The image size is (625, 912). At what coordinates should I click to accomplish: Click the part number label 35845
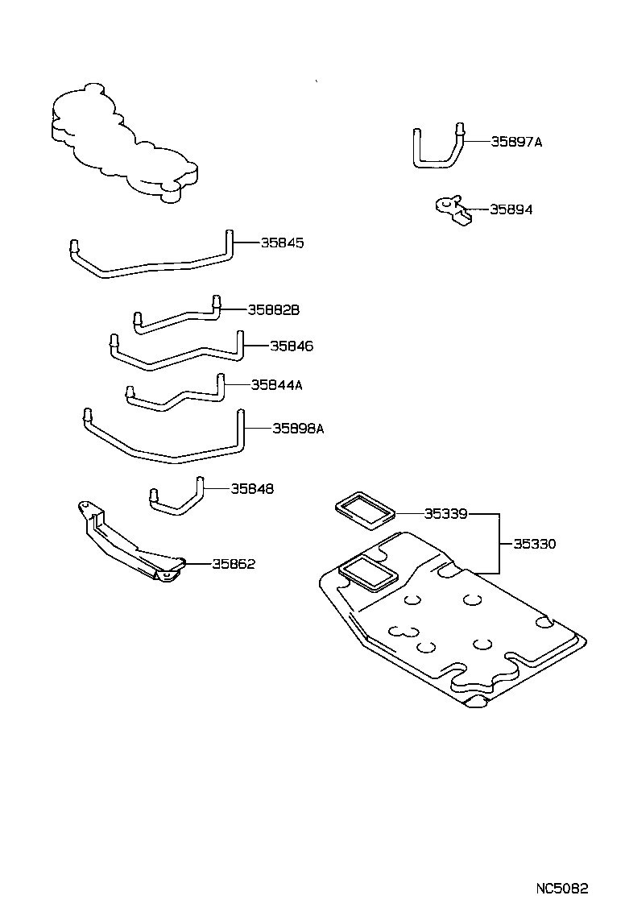click(x=282, y=243)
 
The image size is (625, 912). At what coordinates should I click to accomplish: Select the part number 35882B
click(x=273, y=309)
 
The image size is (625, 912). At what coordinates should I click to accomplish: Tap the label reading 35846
click(x=291, y=346)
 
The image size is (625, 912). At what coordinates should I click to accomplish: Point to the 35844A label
click(x=276, y=385)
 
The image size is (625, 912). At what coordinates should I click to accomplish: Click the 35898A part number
click(x=297, y=429)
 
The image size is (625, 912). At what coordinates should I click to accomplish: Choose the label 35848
click(x=252, y=488)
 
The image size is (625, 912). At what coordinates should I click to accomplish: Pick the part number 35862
click(x=234, y=564)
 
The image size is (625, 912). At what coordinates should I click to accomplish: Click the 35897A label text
click(x=516, y=142)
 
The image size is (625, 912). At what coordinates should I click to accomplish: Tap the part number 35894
click(x=511, y=209)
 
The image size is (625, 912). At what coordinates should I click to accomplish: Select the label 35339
click(x=446, y=512)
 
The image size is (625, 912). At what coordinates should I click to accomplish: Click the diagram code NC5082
click(x=563, y=889)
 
